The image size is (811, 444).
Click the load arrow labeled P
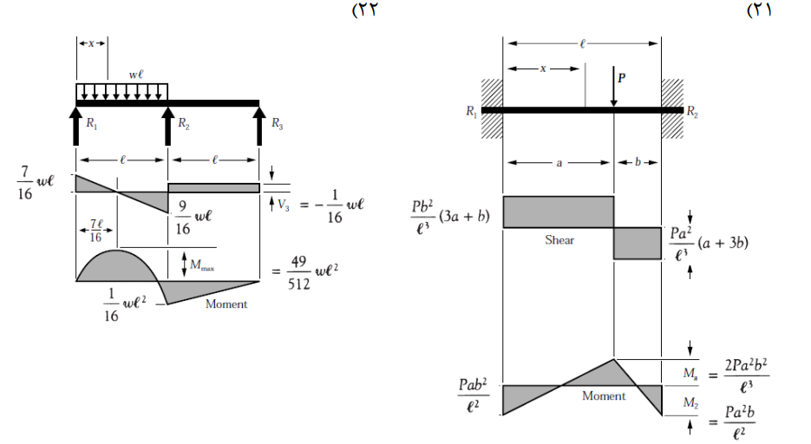(613, 87)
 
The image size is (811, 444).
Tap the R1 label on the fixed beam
(471, 111)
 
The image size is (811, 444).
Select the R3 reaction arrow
(259, 126)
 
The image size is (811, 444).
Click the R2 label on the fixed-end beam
(692, 112)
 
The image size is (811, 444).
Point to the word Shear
(559, 240)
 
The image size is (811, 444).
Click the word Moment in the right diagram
(604, 396)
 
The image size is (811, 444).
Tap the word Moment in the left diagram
(226, 304)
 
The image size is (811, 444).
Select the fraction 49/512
(299, 272)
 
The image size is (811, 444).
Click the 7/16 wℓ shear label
(35, 183)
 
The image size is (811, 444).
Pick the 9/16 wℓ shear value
(193, 218)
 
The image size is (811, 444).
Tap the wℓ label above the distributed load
(136, 75)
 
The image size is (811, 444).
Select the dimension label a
(559, 163)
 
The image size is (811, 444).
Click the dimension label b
(638, 162)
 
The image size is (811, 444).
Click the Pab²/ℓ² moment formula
(473, 395)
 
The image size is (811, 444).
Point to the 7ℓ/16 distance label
(95, 231)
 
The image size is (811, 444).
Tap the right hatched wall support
(672, 109)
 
